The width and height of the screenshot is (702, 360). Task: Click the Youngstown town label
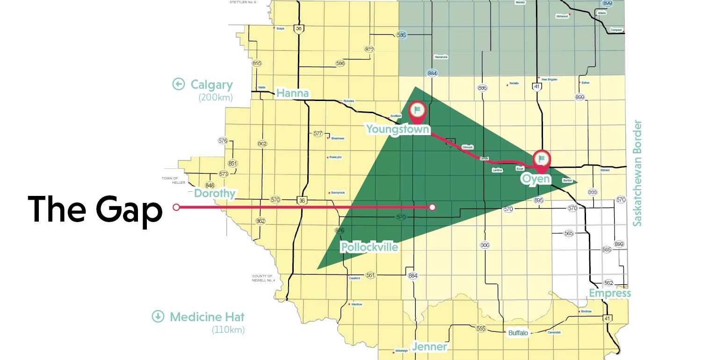tap(398, 129)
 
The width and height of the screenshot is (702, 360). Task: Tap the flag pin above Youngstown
tap(417, 111)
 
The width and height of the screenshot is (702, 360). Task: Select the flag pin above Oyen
tap(542, 160)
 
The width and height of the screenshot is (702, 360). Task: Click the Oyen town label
tap(536, 179)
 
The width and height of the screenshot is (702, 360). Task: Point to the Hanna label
tap(292, 94)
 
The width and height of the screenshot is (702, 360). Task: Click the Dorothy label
tap(215, 194)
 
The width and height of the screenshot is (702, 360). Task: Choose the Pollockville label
tap(369, 247)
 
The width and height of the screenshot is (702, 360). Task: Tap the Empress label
tap(610, 294)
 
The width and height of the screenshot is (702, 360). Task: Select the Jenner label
tap(429, 347)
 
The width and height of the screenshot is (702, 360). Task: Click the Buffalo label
tap(518, 333)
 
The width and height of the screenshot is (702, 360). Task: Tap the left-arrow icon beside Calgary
tap(178, 84)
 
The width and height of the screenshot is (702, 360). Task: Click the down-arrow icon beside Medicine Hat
tap(158, 317)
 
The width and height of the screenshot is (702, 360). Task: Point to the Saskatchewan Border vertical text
tap(637, 173)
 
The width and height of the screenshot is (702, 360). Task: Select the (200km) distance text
tap(215, 98)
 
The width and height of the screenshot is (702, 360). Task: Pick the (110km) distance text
tap(228, 330)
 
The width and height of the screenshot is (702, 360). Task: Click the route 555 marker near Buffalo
tap(481, 329)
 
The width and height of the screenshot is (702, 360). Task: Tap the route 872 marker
tap(369, 49)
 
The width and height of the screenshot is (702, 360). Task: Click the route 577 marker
tap(318, 134)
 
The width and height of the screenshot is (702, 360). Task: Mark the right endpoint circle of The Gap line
tap(433, 207)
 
